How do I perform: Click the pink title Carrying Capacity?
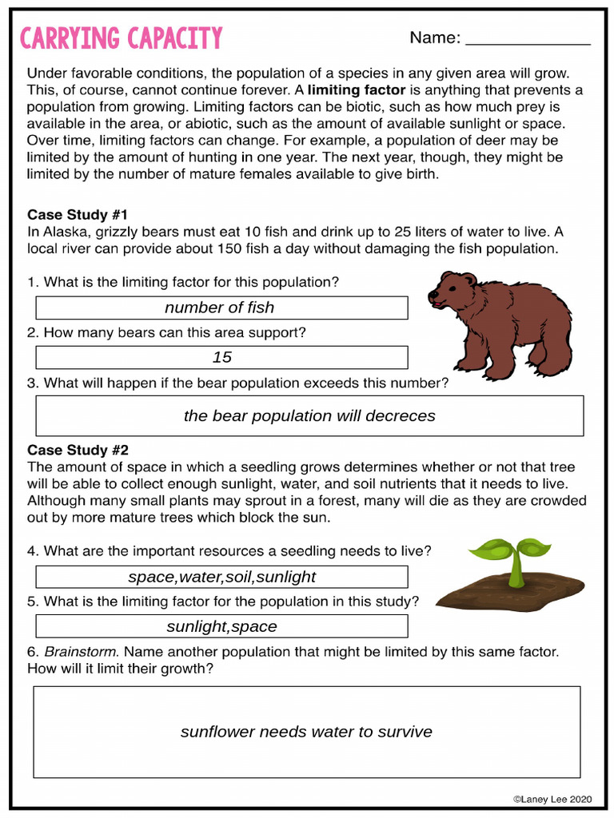(121, 38)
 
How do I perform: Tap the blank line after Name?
(528, 40)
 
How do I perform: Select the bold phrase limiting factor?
(357, 89)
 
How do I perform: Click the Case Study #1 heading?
(78, 214)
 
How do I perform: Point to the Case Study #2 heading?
(78, 450)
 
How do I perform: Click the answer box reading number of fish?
(221, 308)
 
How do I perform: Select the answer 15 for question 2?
(221, 357)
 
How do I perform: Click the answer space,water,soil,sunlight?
(221, 577)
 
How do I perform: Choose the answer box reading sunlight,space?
(221, 626)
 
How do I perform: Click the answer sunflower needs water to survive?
(306, 732)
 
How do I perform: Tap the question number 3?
(32, 383)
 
